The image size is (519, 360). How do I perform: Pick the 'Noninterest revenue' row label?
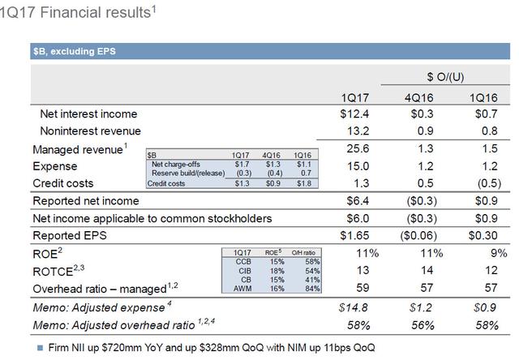coord(90,131)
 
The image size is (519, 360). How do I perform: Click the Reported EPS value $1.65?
coord(356,235)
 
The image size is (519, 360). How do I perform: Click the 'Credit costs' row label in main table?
coord(67,183)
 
